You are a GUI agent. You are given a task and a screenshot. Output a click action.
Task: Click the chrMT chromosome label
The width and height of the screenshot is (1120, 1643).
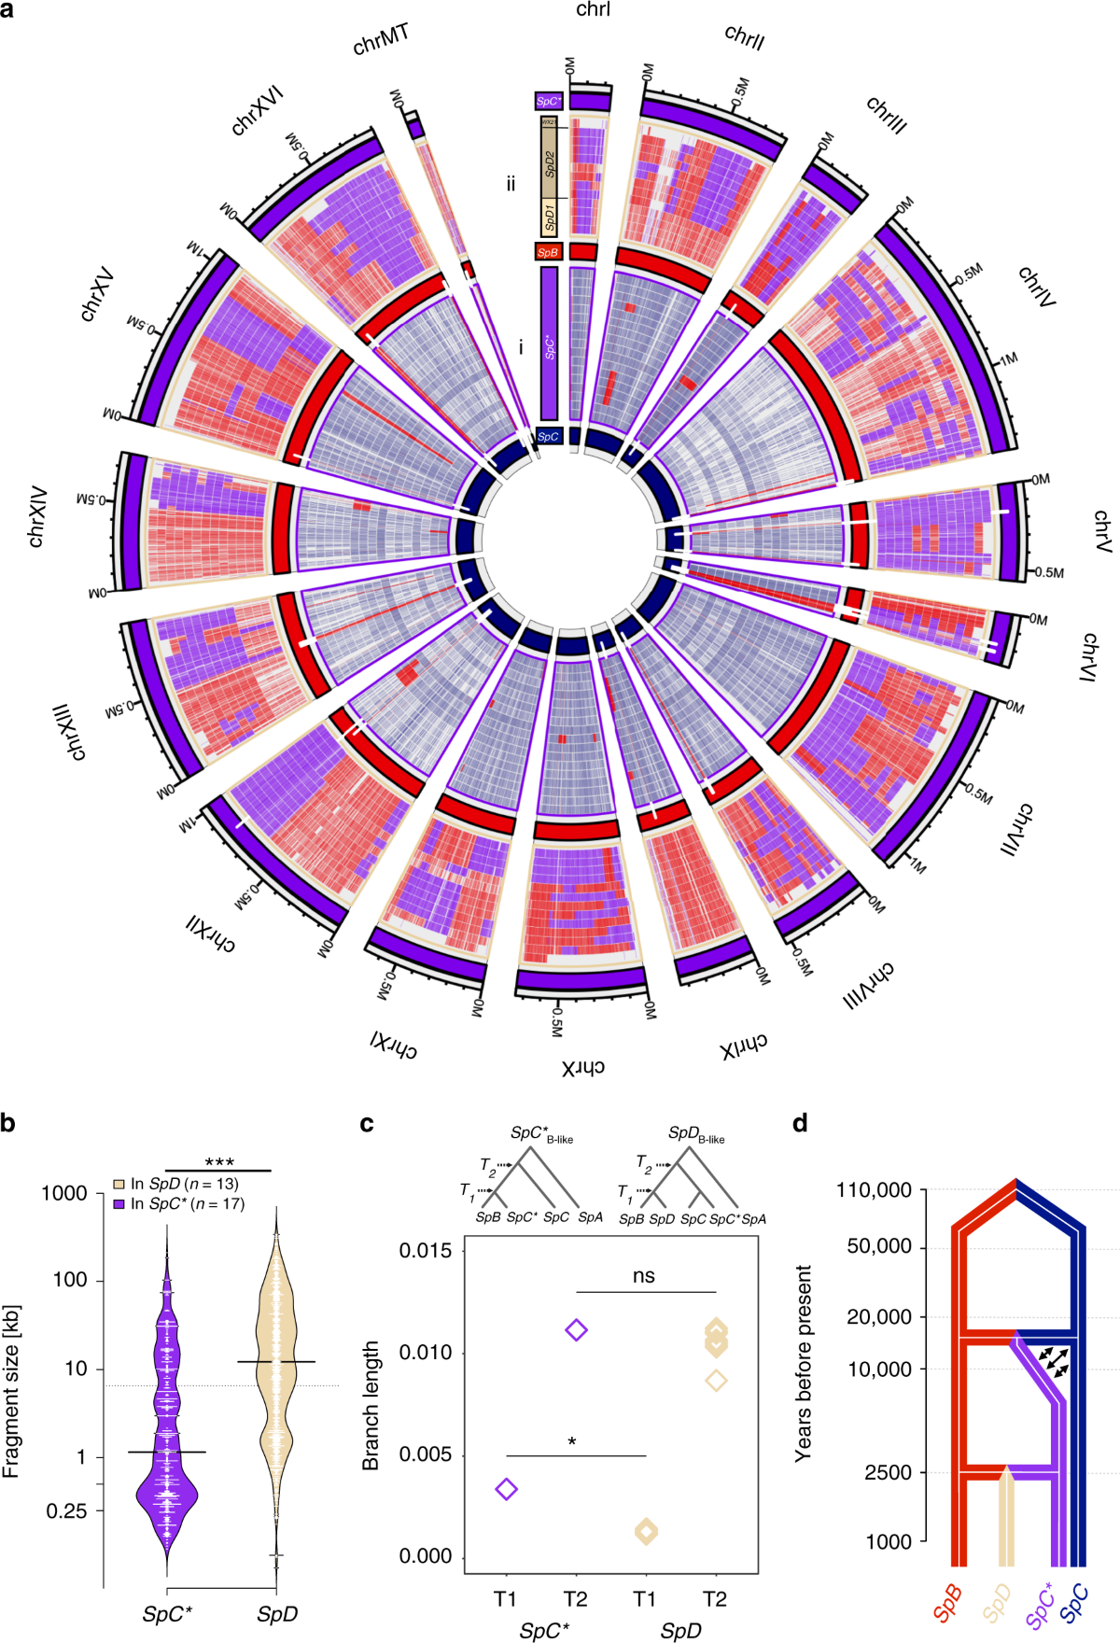(381, 42)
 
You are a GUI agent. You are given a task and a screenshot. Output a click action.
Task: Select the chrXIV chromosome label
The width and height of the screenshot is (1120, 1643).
(38, 516)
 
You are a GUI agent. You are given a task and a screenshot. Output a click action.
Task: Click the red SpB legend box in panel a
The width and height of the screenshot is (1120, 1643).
(548, 252)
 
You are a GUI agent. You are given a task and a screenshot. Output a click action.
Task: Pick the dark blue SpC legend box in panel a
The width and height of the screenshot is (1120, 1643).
(549, 436)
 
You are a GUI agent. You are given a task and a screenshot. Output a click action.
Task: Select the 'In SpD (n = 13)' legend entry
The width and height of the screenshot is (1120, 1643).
(176, 1184)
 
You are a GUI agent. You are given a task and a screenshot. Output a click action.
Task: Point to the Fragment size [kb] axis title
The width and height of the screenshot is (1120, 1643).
(12, 1392)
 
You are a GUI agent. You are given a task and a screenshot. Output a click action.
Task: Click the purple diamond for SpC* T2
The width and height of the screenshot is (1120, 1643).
(576, 1329)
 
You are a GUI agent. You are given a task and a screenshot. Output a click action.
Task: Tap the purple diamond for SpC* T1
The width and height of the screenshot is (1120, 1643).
(506, 1489)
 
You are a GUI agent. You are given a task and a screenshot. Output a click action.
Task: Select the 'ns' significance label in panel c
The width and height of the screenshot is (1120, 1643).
(644, 1276)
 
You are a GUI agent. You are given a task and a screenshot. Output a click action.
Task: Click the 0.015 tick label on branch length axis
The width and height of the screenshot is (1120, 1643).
(426, 1250)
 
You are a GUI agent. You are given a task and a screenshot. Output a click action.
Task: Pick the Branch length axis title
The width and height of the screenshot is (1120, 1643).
(371, 1406)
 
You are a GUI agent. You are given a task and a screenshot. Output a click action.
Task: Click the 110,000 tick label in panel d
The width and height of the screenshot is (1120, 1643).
(874, 1190)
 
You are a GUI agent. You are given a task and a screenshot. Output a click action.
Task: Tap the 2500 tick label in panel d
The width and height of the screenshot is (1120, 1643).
(888, 1472)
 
